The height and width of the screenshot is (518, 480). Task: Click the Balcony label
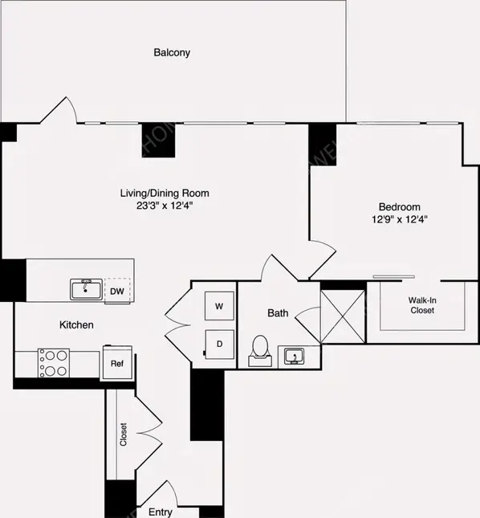[172, 53]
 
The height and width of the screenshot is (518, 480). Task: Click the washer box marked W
[219, 305]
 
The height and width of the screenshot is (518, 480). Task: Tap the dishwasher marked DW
[116, 291]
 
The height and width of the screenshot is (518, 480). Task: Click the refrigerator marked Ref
[116, 363]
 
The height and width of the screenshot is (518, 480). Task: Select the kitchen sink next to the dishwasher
[84, 289]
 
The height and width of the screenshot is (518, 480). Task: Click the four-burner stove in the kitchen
[54, 362]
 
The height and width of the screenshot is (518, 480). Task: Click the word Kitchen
[77, 325]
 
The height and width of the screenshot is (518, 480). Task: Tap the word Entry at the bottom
[160, 511]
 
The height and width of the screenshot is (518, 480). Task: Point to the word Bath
[278, 313]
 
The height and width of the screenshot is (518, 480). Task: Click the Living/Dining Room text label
[164, 193]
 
